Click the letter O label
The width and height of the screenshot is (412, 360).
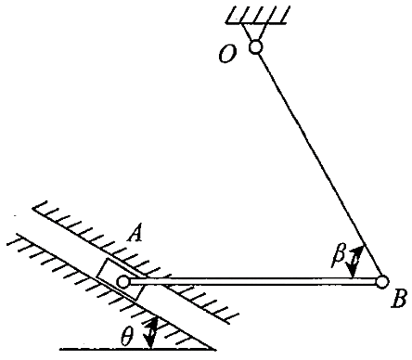coord(227,55)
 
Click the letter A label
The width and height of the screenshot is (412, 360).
coord(135,234)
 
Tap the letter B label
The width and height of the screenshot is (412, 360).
coord(398,299)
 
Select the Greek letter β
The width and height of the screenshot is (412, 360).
coord(339,256)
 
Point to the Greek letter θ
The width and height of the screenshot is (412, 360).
coord(127,337)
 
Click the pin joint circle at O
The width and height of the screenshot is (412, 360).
coord(256,47)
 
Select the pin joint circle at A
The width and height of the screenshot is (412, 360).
coord(123,282)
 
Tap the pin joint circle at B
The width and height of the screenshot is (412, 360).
coord(382,282)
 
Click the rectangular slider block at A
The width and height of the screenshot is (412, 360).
coord(120,278)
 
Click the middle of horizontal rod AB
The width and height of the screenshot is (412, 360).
coord(252,281)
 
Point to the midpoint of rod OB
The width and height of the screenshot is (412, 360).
coord(319,164)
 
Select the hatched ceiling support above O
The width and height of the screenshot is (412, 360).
coord(258,15)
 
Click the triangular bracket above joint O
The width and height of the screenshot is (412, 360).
coord(255,32)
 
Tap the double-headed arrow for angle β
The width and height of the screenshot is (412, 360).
coord(355,263)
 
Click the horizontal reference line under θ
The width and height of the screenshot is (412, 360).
coord(138,350)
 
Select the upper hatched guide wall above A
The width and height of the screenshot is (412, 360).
coord(136,263)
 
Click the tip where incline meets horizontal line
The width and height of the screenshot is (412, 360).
coord(215,350)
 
